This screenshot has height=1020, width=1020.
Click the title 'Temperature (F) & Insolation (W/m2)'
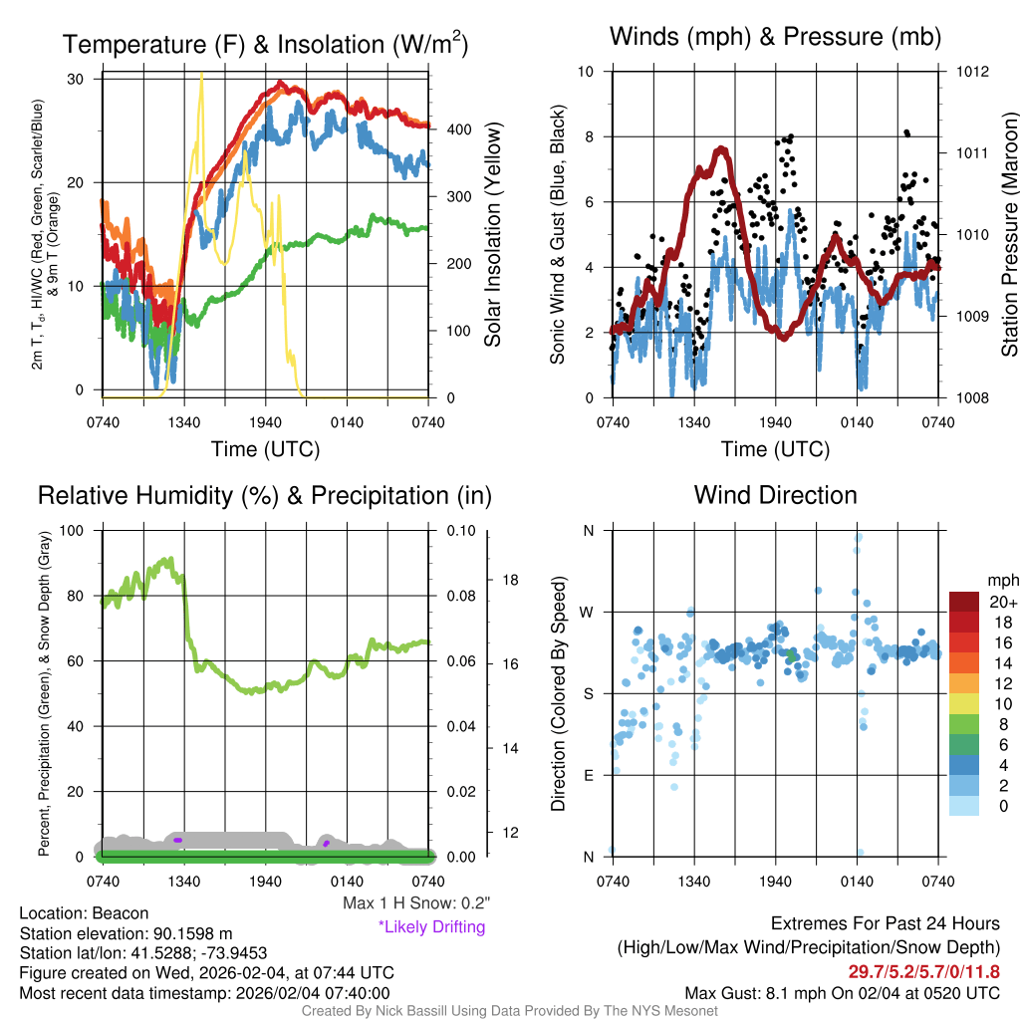[x=265, y=44]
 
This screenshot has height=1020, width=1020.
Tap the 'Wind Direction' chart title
[x=775, y=495]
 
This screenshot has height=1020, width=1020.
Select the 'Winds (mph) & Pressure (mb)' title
[x=775, y=38]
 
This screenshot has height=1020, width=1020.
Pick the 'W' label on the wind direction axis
[x=588, y=612]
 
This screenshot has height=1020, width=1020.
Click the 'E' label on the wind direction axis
[x=589, y=775]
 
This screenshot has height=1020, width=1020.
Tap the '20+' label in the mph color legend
[x=1002, y=603]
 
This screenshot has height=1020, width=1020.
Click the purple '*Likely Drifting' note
[x=431, y=926]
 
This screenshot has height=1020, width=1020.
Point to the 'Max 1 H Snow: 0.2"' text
[x=415, y=903]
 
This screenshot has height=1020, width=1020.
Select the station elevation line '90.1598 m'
[x=126, y=933]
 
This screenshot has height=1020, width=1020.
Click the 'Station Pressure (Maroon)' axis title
[x=1009, y=234]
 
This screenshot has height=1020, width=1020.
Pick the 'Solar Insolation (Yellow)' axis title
[x=492, y=235]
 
